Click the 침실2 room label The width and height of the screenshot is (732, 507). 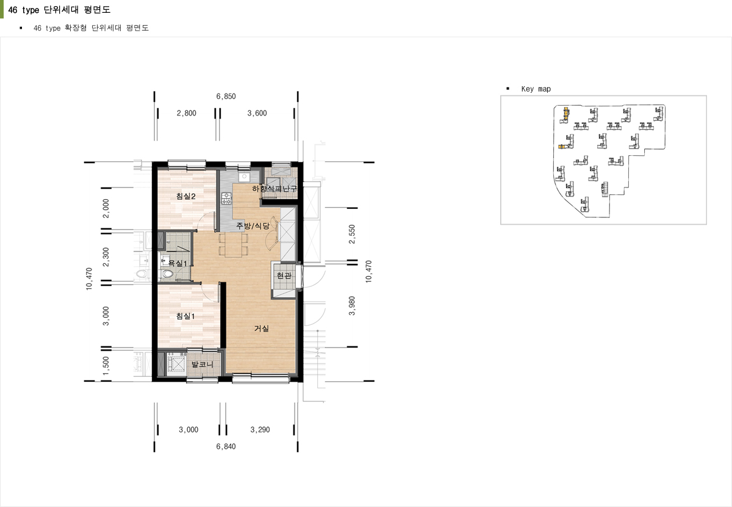click(x=185, y=196)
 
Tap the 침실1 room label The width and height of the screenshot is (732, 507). click(x=185, y=316)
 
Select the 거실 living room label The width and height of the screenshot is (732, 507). click(x=262, y=328)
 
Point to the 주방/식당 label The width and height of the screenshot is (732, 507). click(x=253, y=226)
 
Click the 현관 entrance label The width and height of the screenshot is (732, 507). click(x=284, y=275)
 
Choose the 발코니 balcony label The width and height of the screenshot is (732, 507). click(x=203, y=364)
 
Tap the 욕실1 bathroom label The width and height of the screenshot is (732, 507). click(x=178, y=263)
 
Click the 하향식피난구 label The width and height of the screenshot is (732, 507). click(x=274, y=189)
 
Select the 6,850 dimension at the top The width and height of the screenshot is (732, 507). click(x=226, y=97)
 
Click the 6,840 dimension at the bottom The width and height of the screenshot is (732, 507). click(x=226, y=447)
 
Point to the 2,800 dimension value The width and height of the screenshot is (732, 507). click(x=186, y=113)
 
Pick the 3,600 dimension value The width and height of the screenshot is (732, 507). click(x=257, y=113)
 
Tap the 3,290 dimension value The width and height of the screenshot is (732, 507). click(x=260, y=430)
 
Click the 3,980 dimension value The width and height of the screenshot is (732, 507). click(x=352, y=306)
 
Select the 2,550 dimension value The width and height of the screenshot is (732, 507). click(x=352, y=235)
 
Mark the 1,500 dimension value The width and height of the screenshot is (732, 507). click(x=106, y=367)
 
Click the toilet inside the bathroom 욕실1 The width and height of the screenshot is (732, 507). click(x=167, y=274)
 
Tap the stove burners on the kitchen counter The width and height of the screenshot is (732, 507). click(x=226, y=199)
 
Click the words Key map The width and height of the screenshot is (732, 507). click(x=536, y=89)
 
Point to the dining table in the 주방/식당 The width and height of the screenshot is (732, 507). click(x=233, y=245)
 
